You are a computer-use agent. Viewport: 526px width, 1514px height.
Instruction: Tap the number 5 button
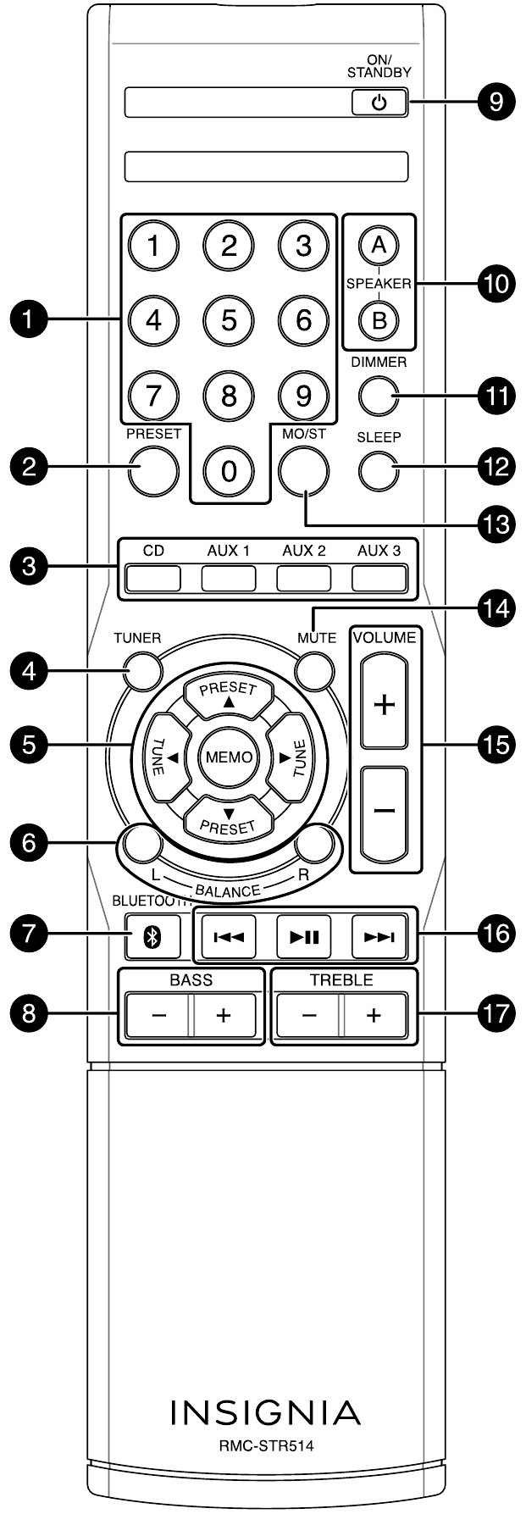tap(229, 320)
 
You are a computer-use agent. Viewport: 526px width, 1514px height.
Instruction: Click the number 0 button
tap(229, 471)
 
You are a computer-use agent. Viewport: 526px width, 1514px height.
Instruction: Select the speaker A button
tap(379, 246)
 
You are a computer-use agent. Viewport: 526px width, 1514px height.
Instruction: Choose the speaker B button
tap(379, 319)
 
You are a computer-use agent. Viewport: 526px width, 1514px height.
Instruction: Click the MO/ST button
tap(304, 469)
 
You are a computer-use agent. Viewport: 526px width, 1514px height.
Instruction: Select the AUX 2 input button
tap(304, 578)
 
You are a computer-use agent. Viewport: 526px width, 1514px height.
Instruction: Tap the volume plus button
tap(385, 704)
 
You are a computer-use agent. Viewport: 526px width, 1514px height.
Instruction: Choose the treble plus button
tap(374, 1016)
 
